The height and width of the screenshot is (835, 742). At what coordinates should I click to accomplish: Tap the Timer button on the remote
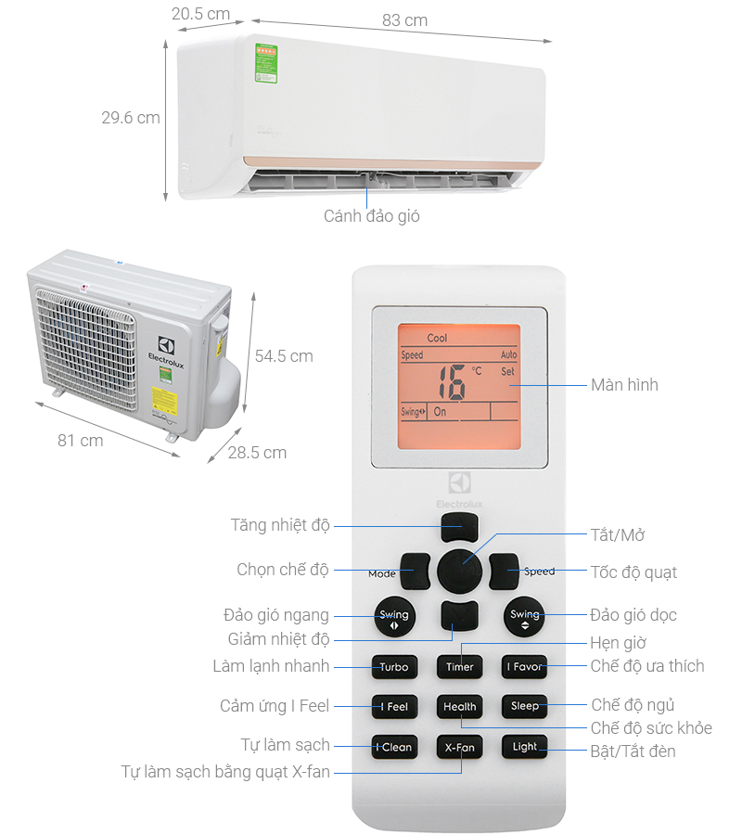[459, 666]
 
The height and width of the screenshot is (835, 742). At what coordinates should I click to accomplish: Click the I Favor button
[524, 666]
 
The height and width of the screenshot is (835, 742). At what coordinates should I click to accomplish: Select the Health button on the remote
[459, 706]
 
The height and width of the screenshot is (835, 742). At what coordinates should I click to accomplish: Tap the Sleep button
[524, 706]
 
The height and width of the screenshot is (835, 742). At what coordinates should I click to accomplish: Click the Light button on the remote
[524, 747]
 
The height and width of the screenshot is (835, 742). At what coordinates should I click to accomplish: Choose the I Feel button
[394, 706]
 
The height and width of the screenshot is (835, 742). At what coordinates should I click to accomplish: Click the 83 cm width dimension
[404, 20]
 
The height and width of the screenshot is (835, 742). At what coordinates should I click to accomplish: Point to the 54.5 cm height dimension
[284, 356]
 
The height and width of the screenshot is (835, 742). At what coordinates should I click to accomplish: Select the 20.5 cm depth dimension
[199, 13]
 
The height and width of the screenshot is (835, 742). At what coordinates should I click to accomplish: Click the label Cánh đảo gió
[371, 215]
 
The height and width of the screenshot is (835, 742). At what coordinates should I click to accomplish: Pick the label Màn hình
[624, 384]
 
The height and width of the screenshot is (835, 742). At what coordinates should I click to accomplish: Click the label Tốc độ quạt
[633, 572]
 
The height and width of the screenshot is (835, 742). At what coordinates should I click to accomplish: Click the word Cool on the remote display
[437, 339]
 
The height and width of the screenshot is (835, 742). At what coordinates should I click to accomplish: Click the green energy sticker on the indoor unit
[267, 58]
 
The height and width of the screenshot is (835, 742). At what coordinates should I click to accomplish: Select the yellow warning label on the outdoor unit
[164, 399]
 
